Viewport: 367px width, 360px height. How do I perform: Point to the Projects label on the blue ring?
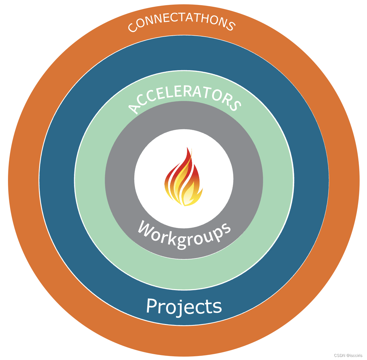pos(184,306)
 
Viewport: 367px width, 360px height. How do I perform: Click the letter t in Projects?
pos(209,306)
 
